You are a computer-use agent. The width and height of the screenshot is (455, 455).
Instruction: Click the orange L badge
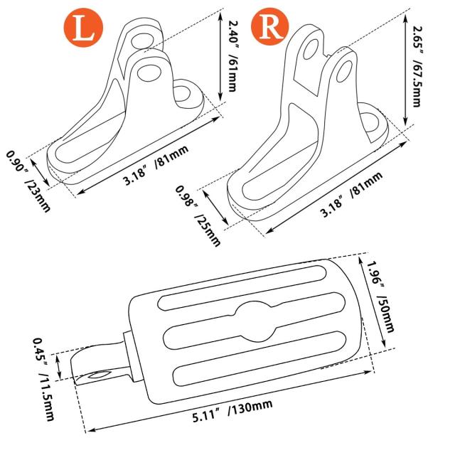coord(83,28)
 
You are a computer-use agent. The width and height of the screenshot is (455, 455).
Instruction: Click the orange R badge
coord(270,26)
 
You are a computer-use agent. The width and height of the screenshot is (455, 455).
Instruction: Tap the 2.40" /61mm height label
coord(232,55)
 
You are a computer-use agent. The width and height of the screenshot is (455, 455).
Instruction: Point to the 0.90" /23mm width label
coord(28,181)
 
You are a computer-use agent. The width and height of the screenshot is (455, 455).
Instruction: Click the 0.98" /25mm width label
coord(198,215)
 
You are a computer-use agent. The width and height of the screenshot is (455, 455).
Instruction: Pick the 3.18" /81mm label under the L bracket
coord(156,164)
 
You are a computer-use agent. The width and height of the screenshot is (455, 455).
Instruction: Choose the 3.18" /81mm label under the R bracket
coord(350,194)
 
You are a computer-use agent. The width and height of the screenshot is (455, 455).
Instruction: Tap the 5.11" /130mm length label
coord(232,410)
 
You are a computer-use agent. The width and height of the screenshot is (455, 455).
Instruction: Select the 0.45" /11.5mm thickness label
coord(44,379)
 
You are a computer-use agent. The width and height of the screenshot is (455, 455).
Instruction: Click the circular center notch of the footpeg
coord(255,321)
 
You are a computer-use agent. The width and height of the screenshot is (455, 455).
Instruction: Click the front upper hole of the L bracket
coord(149,72)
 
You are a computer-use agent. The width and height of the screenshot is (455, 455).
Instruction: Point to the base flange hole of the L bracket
coord(182,93)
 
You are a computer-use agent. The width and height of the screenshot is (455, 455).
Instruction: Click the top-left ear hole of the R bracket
coord(311,49)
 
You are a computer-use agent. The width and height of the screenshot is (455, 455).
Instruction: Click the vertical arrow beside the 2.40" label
coord(220,57)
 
